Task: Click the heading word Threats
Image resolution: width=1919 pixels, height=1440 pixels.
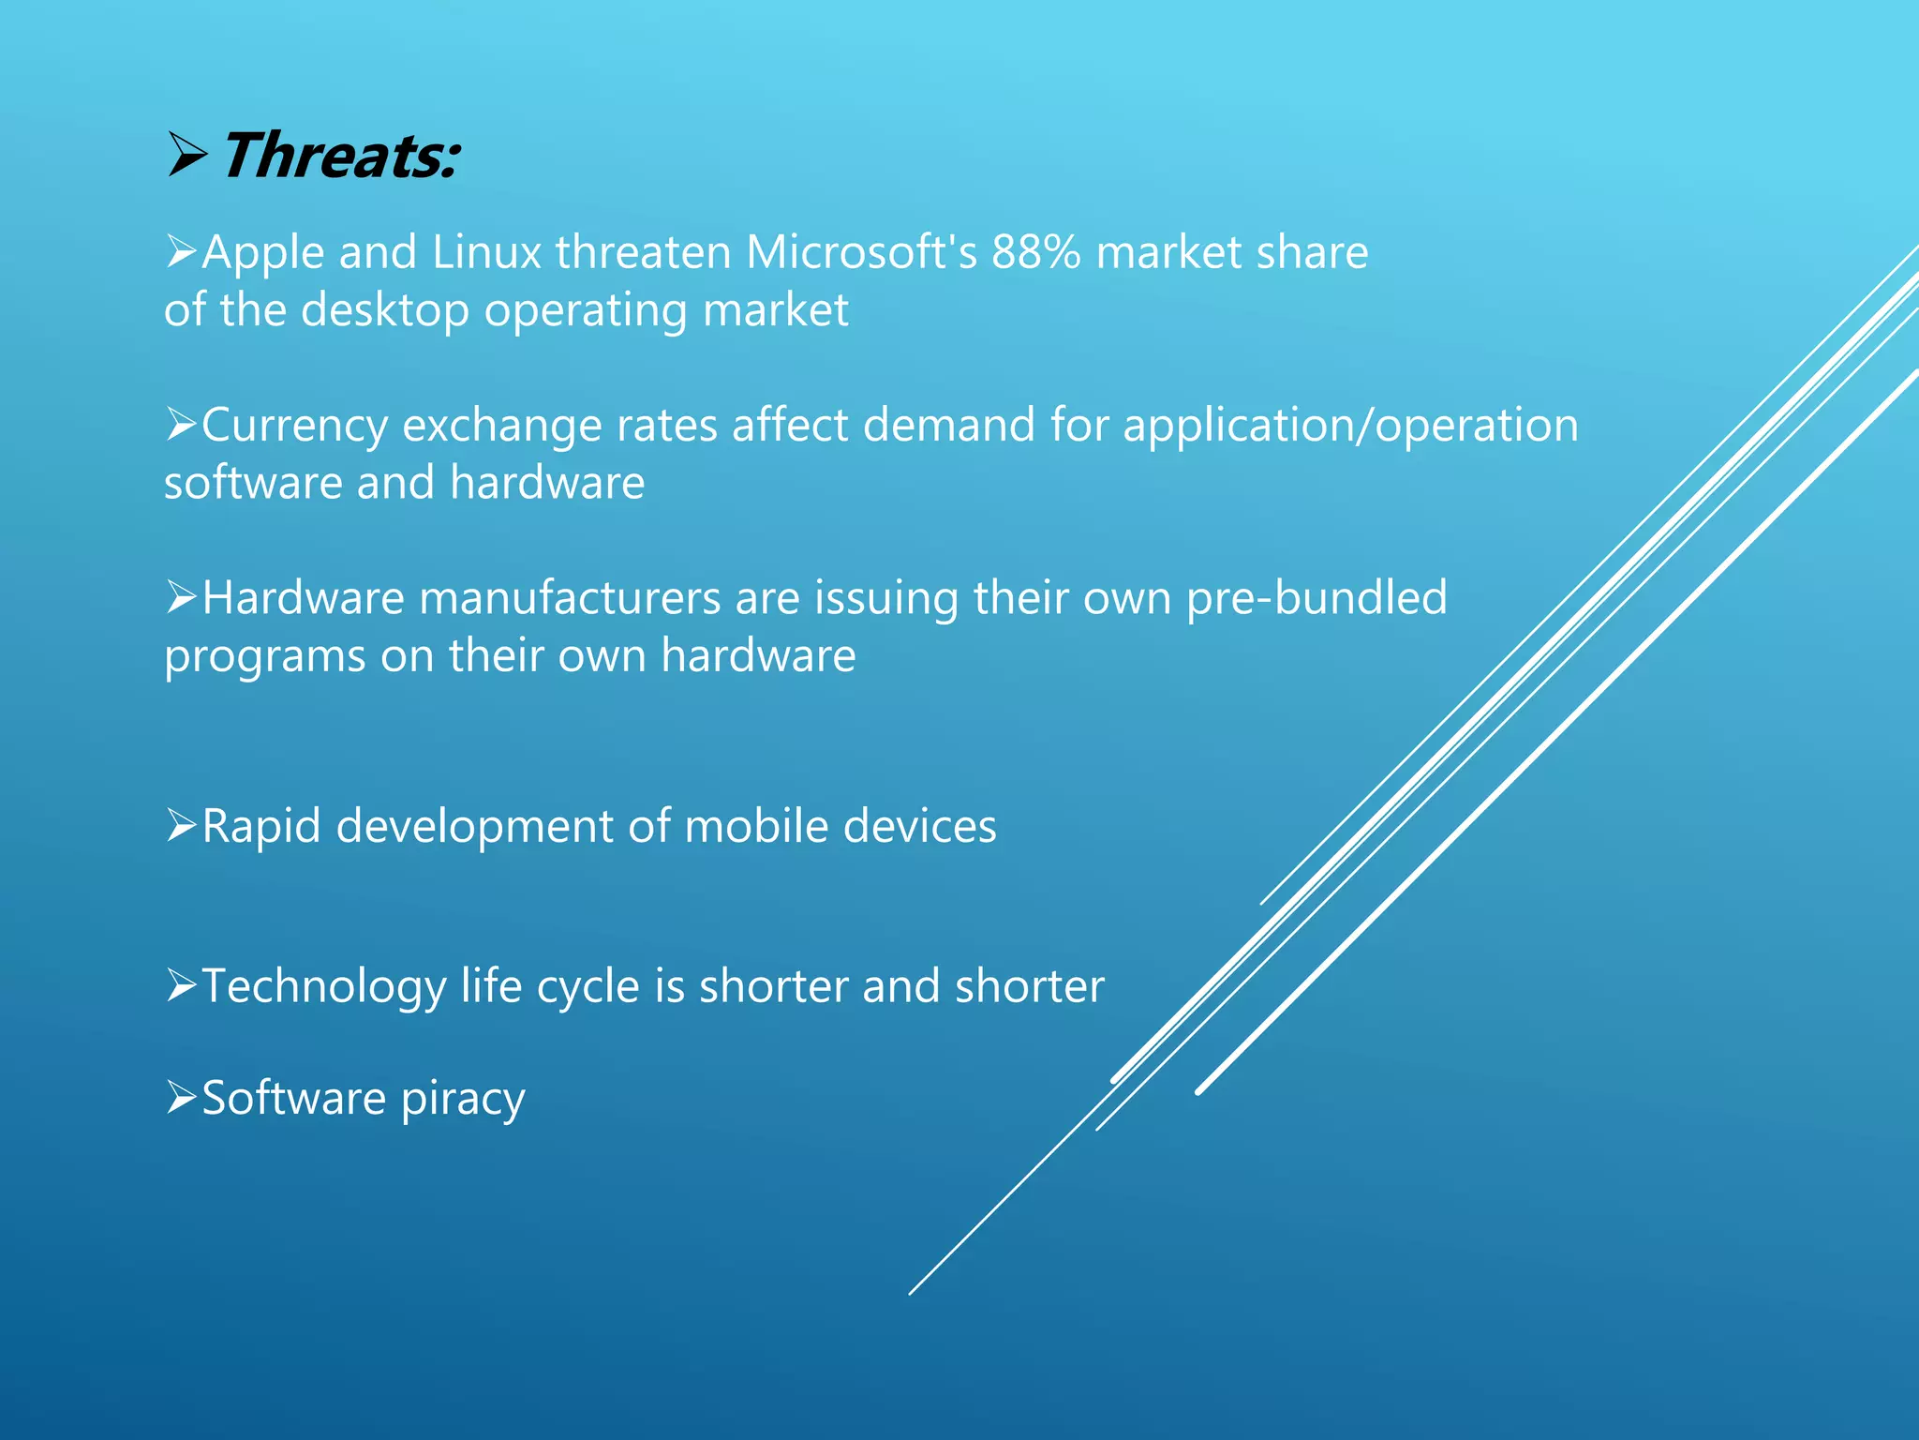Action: (x=339, y=157)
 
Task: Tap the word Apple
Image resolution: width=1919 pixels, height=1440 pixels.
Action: (x=262, y=254)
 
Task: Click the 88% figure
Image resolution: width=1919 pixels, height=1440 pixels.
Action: (x=1035, y=253)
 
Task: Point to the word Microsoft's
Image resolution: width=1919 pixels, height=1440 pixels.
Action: (x=861, y=253)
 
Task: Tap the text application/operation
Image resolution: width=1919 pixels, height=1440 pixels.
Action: (x=1350, y=427)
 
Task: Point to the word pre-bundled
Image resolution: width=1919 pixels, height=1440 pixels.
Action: (x=1317, y=599)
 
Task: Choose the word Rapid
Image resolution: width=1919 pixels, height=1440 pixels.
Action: (x=261, y=828)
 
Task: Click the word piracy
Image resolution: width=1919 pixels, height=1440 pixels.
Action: (x=463, y=1100)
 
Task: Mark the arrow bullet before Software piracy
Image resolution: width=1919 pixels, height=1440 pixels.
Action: (x=181, y=1096)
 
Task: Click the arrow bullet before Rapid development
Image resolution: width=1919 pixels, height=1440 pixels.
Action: (x=181, y=825)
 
